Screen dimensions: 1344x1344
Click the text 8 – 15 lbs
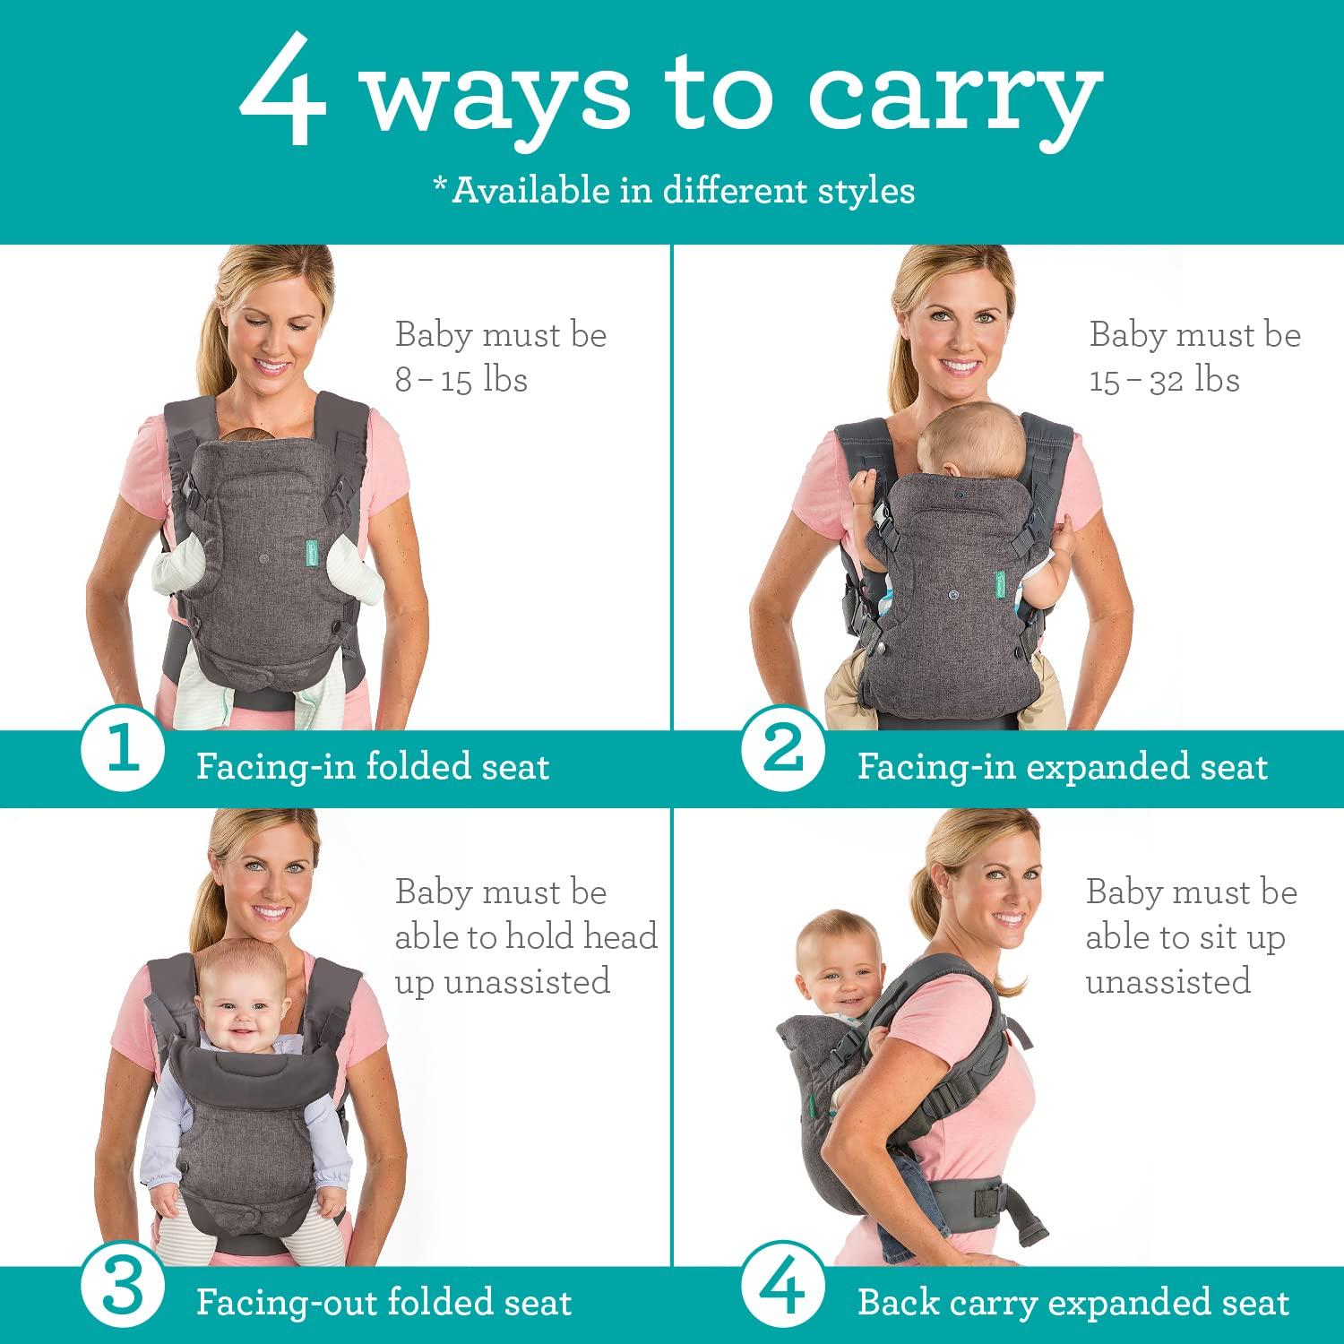pos(461,380)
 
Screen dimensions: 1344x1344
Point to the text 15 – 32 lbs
pos(1164,380)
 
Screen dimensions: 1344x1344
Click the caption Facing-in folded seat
pos(372,767)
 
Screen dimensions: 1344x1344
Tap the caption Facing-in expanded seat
pos(1062,767)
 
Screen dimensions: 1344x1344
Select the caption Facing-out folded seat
pos(383,1303)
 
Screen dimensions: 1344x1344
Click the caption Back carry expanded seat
pos(1073,1303)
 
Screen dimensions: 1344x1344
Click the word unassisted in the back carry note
pos(1167,981)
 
